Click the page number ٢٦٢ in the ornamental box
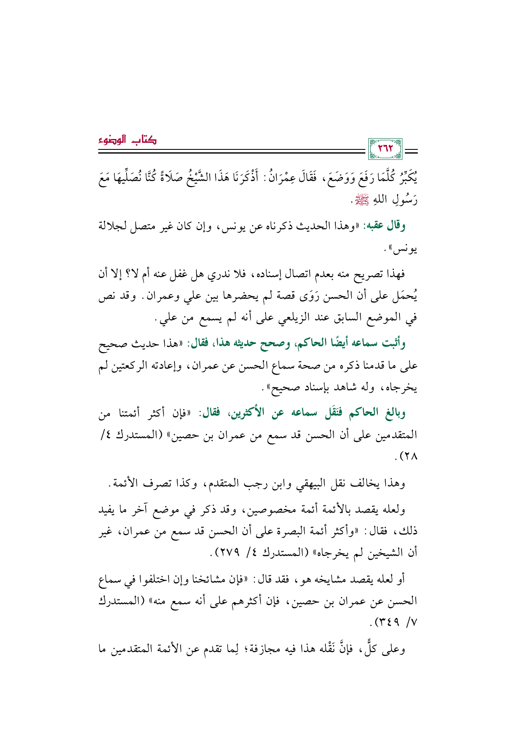click(x=386, y=149)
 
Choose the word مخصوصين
click(x=262, y=509)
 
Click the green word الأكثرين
click(x=251, y=413)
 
